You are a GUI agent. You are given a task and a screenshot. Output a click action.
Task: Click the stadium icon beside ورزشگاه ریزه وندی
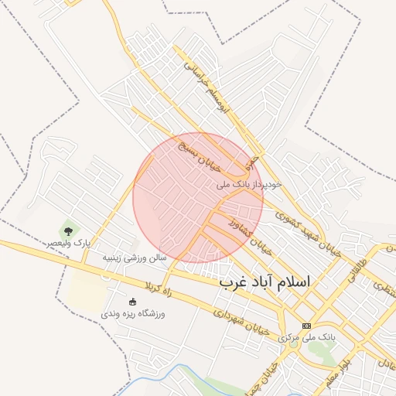coord(132,302)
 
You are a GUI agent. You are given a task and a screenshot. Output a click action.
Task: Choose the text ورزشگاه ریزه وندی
coord(133,314)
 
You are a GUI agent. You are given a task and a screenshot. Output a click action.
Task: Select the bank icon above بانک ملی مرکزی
coord(307,326)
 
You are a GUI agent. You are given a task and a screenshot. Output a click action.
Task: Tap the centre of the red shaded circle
coord(198,198)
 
